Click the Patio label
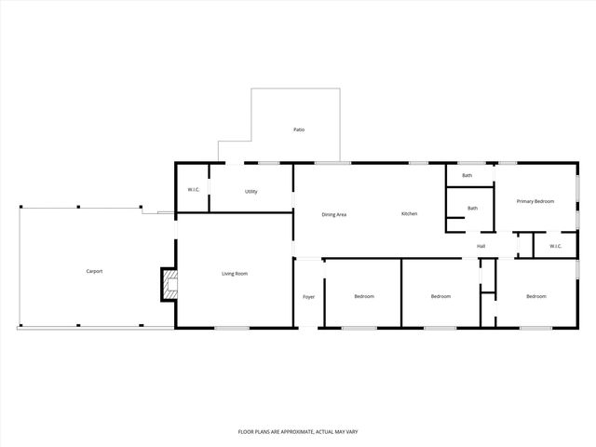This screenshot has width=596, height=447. coord(299,129)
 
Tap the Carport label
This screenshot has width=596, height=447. coord(94,271)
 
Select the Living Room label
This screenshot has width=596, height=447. coord(234,274)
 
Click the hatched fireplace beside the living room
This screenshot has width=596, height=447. coord(168,284)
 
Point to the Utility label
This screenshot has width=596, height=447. coord(251,192)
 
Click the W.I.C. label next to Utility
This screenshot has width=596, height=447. coord(194,190)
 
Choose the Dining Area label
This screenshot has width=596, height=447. coord(334,215)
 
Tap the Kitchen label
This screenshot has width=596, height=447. coord(409,214)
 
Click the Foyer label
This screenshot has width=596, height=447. coord(309,297)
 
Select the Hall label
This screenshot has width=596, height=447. coord(481,246)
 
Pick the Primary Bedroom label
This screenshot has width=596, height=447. coord(535,201)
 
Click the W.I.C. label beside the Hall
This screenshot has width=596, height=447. coord(555,246)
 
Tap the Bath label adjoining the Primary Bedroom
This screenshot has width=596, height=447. coord(467,176)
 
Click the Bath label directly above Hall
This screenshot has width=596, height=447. coord(472,209)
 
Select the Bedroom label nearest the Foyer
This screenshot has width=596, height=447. coord(364,297)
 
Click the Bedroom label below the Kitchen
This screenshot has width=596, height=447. coord(440,297)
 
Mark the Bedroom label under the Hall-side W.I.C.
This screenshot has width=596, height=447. coord(535,297)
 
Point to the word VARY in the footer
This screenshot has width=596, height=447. coord(351,432)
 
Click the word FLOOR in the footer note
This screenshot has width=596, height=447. coord(246,432)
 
